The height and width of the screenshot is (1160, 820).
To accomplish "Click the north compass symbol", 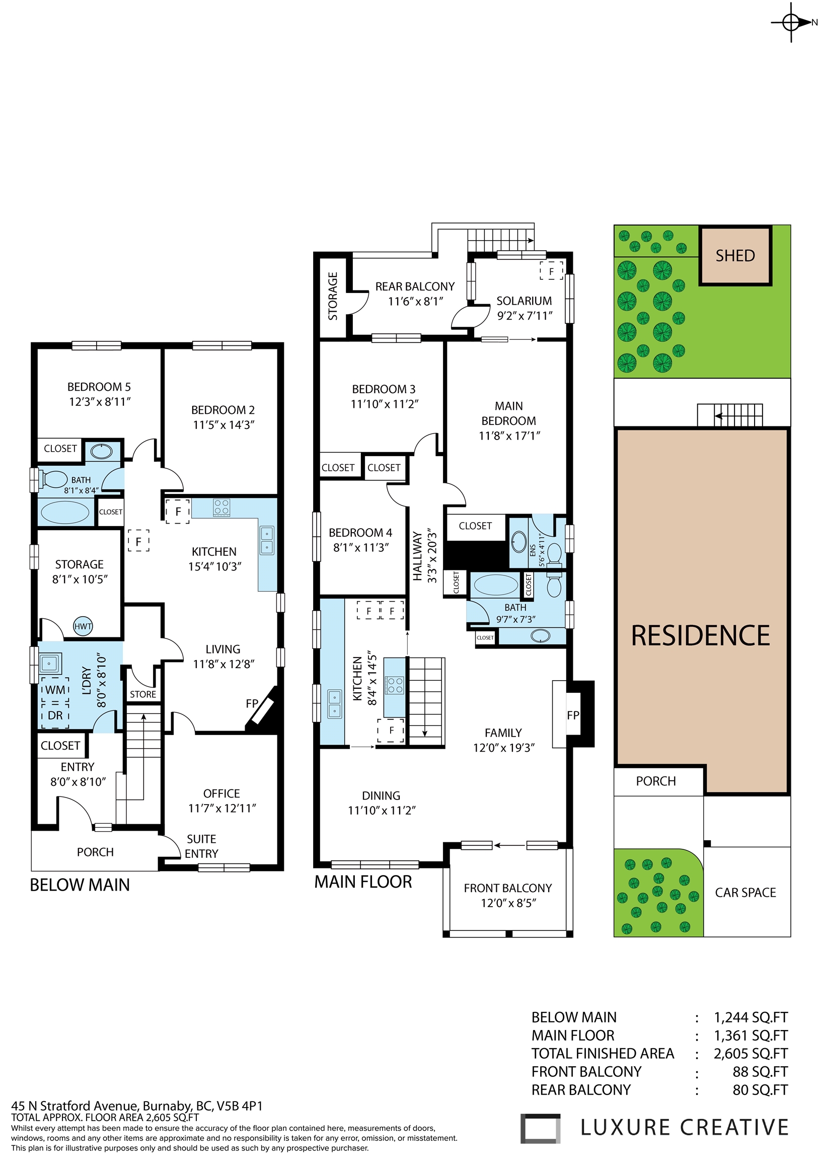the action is pyautogui.click(x=791, y=22).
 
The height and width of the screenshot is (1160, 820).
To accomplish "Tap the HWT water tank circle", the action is pyautogui.click(x=83, y=626).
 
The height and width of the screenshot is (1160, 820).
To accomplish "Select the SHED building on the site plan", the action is pyautogui.click(x=735, y=256).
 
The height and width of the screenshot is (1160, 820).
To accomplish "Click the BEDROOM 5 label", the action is pyautogui.click(x=99, y=387).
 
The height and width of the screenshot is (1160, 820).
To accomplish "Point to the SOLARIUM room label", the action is pyautogui.click(x=524, y=301).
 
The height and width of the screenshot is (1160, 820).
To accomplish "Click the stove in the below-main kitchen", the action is pyautogui.click(x=222, y=506).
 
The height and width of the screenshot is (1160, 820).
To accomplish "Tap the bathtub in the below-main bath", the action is pyautogui.click(x=64, y=513).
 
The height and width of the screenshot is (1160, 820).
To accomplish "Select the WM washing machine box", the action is pyautogui.click(x=55, y=690).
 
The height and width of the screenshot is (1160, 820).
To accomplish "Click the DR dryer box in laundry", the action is pyautogui.click(x=55, y=715).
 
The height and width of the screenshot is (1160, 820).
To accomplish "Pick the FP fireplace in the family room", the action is pyautogui.click(x=573, y=714).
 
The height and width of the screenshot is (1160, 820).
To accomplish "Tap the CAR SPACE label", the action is pyautogui.click(x=745, y=893).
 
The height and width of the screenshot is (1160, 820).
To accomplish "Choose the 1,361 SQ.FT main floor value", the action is pyautogui.click(x=751, y=1036).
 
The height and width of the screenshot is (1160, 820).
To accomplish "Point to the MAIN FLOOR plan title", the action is pyautogui.click(x=363, y=882).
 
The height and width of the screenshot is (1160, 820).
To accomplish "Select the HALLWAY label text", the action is pyautogui.click(x=417, y=556).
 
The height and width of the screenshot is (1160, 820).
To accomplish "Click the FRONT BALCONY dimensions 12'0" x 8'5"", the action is pyautogui.click(x=508, y=903).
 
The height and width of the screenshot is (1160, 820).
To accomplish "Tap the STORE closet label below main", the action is pyautogui.click(x=143, y=694).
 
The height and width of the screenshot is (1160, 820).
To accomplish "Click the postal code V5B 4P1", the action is pyautogui.click(x=240, y=1106).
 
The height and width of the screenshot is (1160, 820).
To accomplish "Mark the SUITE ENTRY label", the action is pyautogui.click(x=201, y=846).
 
